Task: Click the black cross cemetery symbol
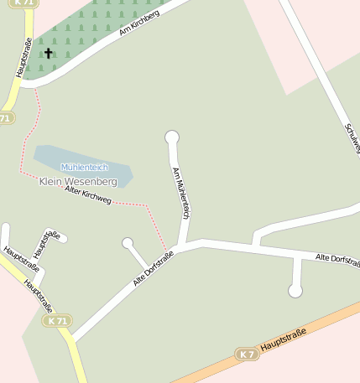pos(48,54)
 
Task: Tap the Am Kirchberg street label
pos(139,23)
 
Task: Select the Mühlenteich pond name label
pos(84,168)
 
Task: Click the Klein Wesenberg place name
pos(78,181)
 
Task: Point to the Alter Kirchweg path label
pos(88,194)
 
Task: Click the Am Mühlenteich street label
pos(180,193)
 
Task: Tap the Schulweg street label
pos(352,139)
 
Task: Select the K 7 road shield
pos(246,355)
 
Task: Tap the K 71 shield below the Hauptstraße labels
pos(57,320)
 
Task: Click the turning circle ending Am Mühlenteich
pos(172,137)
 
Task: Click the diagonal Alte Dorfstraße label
pos(153,268)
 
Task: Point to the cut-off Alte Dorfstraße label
pos(337,260)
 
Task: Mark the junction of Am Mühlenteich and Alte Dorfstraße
pos(181,246)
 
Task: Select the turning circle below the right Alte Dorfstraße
pos(295,291)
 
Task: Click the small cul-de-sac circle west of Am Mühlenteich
pos(128,243)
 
